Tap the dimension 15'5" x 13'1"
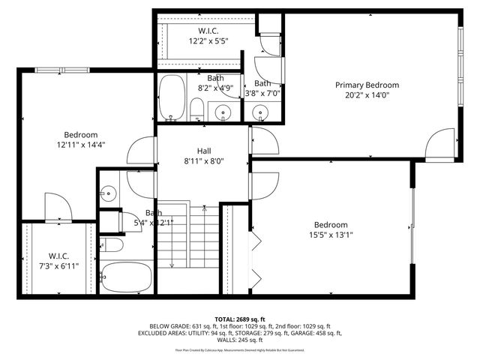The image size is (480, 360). pos(331,235)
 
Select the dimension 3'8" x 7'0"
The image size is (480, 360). pos(263,94)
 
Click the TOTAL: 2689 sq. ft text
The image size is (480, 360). pos(240,319)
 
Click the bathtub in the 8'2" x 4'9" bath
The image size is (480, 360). pos(171,97)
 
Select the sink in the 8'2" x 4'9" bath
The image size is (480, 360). pos(223,113)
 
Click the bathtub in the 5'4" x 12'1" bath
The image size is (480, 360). pos(127,277)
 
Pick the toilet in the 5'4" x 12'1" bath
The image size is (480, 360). pos(112,244)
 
